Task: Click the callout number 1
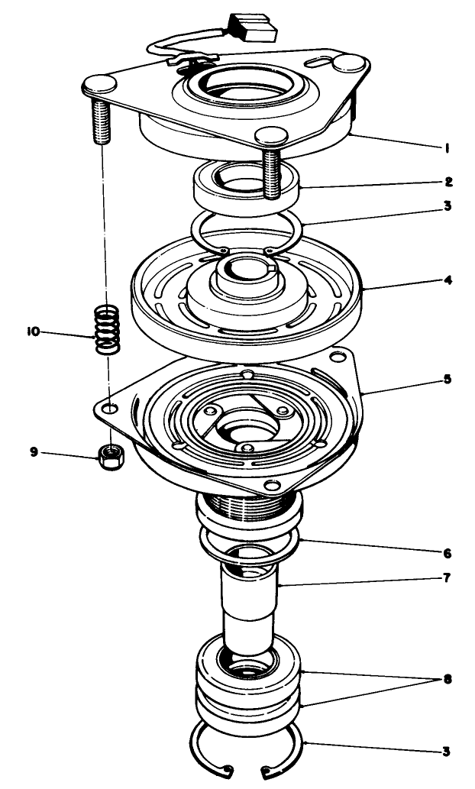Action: pyautogui.click(x=445, y=148)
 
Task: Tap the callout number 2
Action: pyautogui.click(x=450, y=182)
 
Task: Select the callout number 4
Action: pyautogui.click(x=450, y=280)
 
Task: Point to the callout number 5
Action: pyautogui.click(x=450, y=379)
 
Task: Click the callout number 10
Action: pyautogui.click(x=34, y=332)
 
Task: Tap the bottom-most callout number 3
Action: pyautogui.click(x=446, y=751)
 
